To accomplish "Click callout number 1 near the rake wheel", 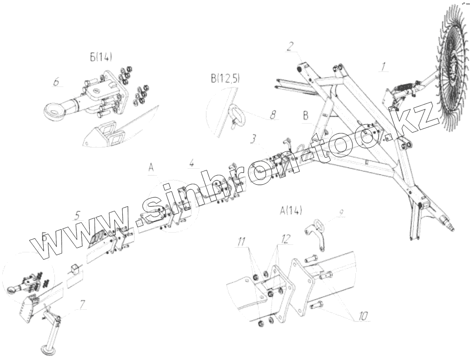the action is coord(384,66).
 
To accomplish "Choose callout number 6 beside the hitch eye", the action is coord(56,82).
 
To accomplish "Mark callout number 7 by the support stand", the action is coord(83,305).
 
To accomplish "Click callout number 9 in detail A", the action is coord(341,212).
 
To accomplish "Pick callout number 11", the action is coord(241,243).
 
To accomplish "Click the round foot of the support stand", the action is coord(47,349).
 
